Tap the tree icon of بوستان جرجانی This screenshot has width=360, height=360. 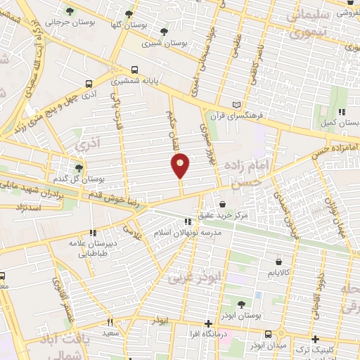70,11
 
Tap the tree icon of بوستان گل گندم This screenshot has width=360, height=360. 79,169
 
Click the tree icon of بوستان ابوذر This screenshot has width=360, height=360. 242,304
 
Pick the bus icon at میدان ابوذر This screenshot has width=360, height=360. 268,335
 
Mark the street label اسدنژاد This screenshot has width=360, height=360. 30,208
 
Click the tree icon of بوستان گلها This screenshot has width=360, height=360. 128,13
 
